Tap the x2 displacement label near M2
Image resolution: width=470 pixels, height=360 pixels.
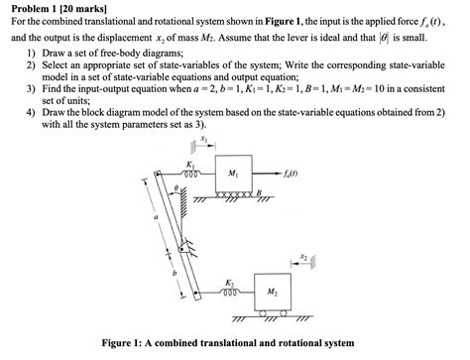(x=301, y=255)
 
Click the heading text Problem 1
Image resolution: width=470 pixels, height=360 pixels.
(x=40, y=7)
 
